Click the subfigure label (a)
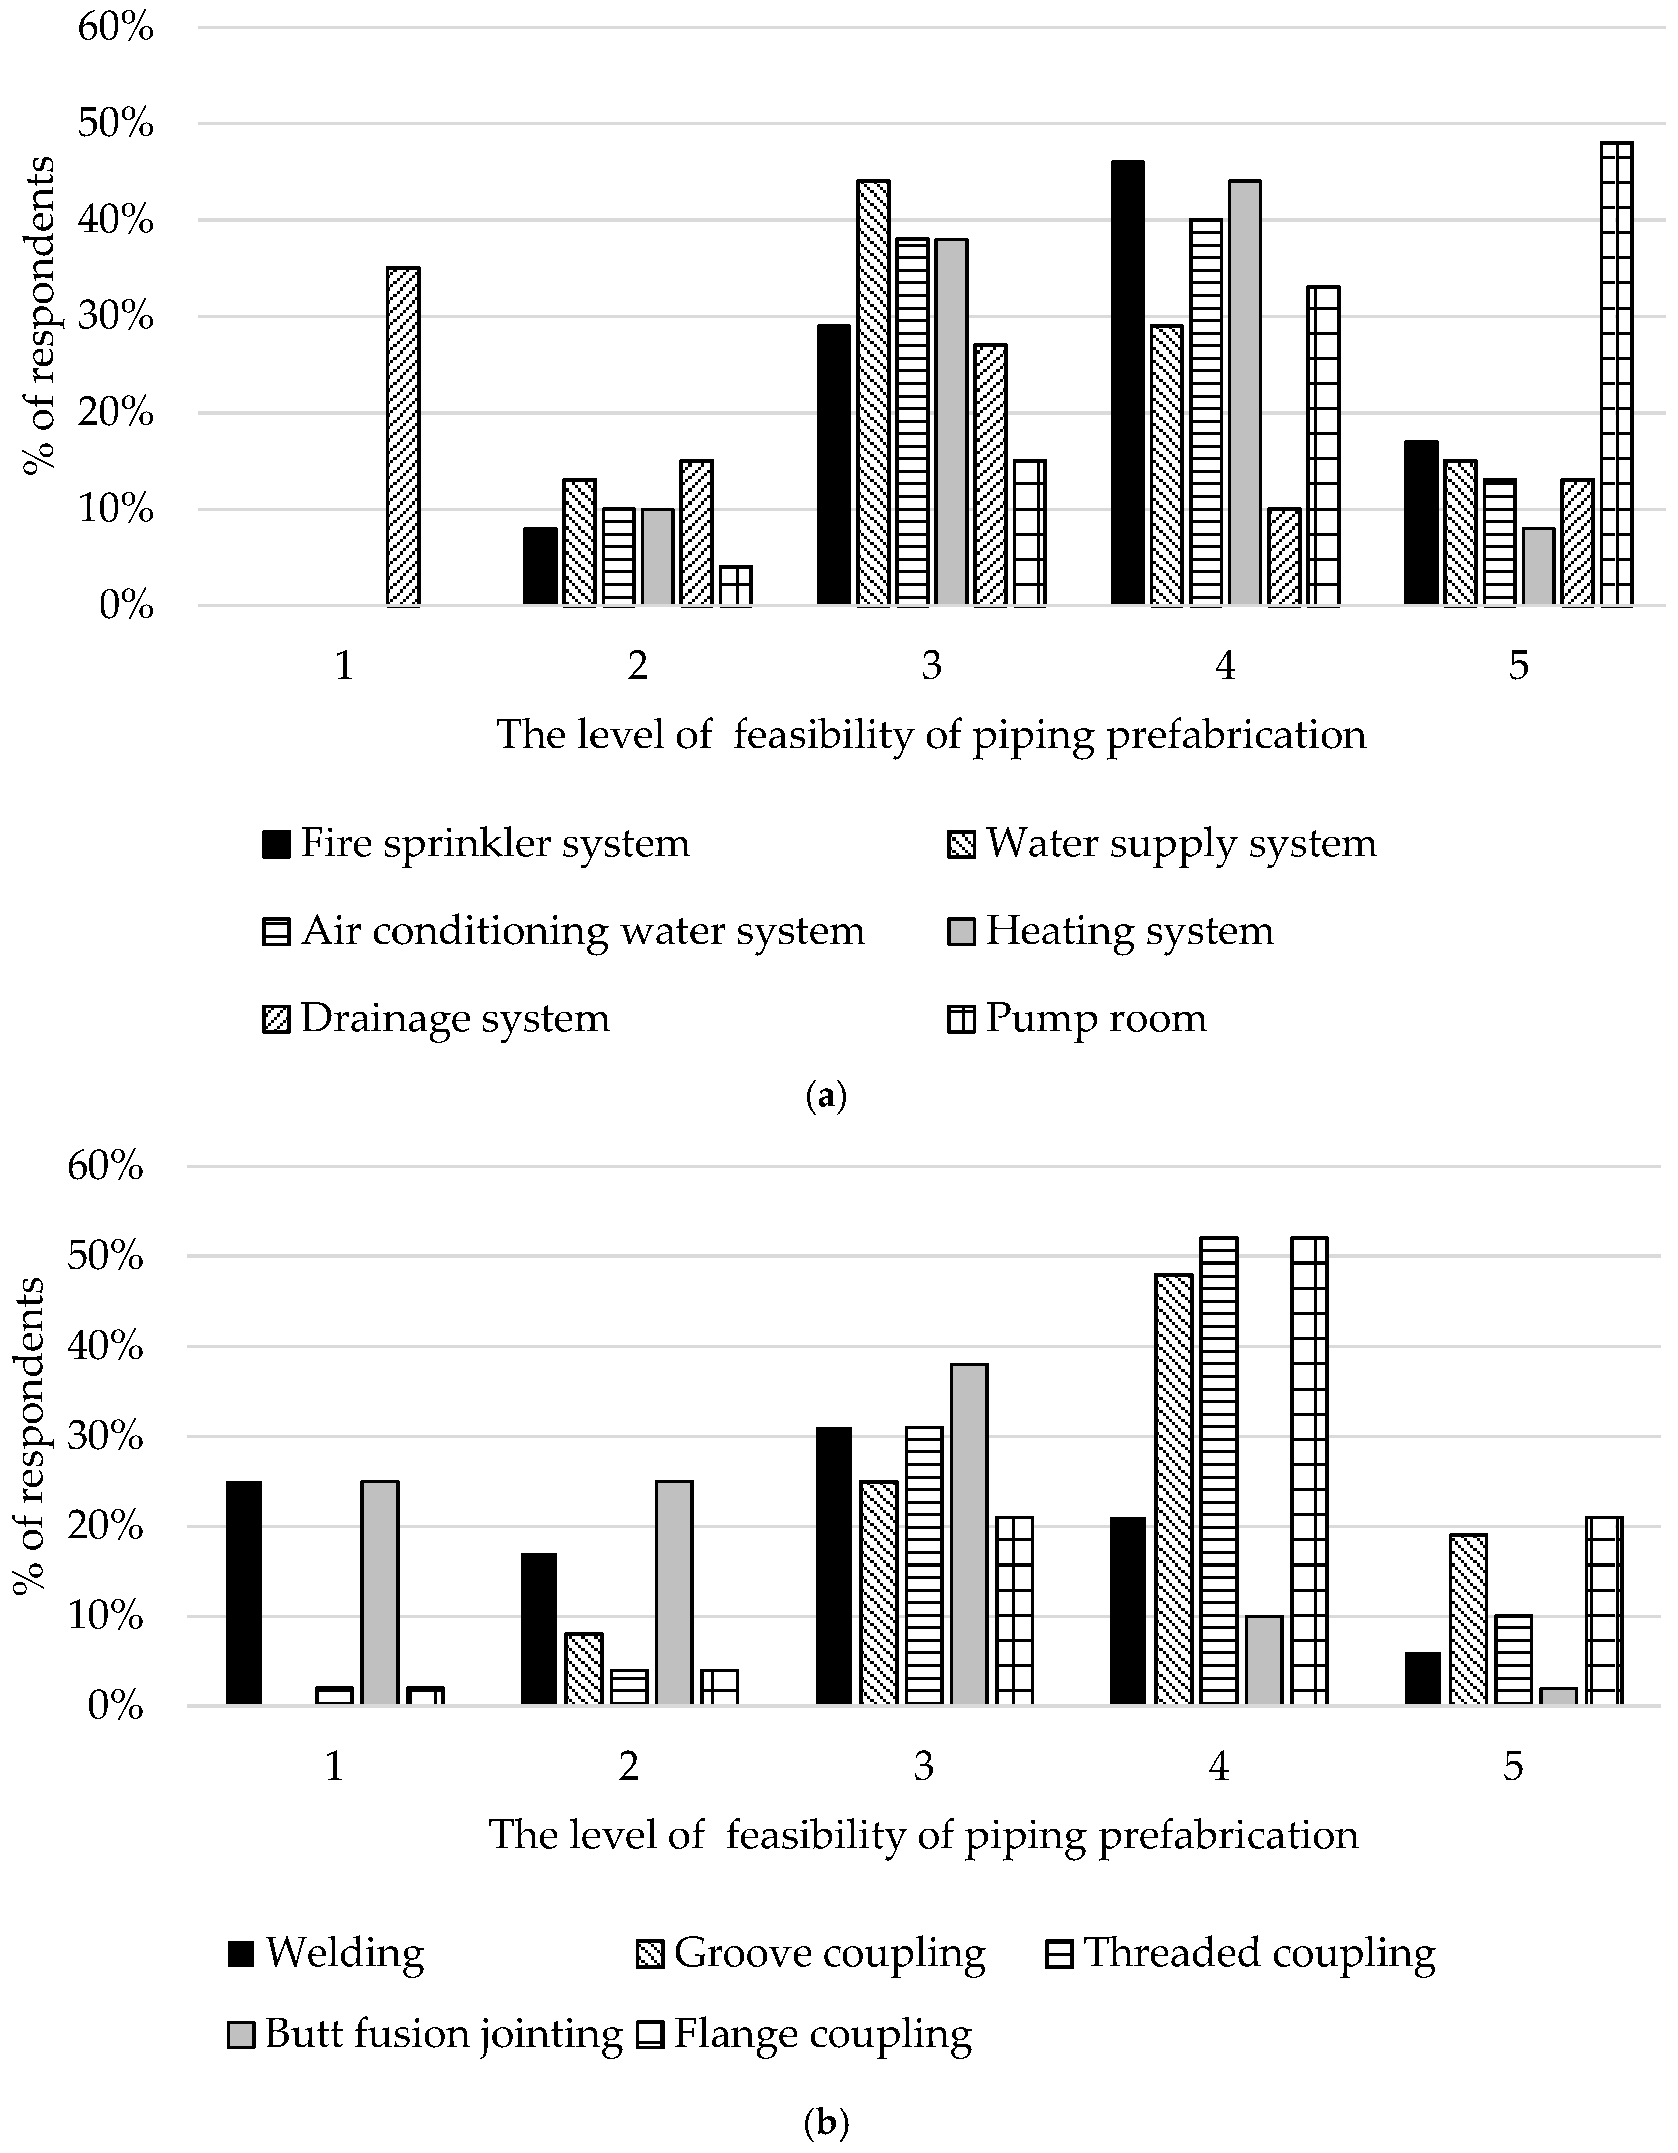pos(826,1096)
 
